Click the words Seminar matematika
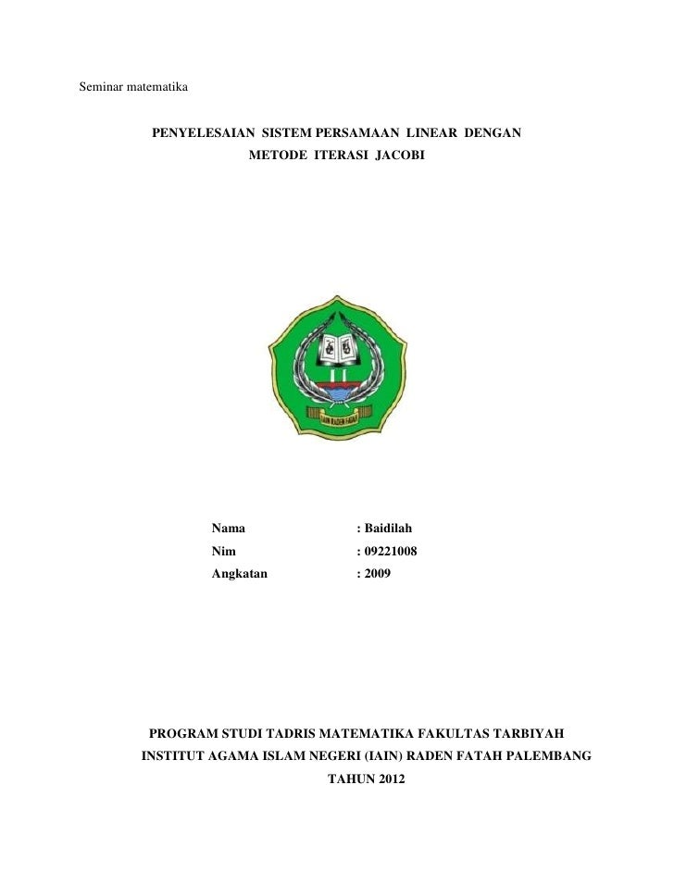click(x=134, y=90)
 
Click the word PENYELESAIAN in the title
click(x=203, y=134)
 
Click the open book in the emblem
click(x=337, y=349)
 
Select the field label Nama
click(x=229, y=529)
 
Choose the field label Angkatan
click(x=240, y=575)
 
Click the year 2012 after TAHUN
click(x=388, y=779)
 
